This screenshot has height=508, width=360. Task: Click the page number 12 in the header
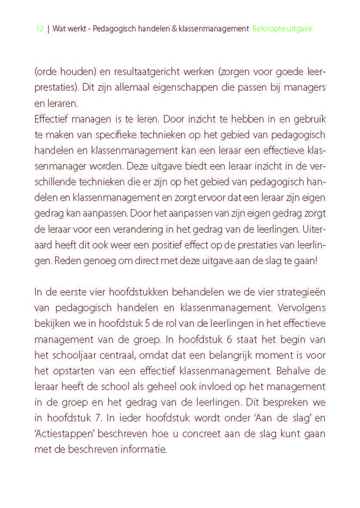(x=40, y=29)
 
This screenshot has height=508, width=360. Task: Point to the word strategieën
(x=297, y=292)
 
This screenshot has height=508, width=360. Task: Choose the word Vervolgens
(x=300, y=308)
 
